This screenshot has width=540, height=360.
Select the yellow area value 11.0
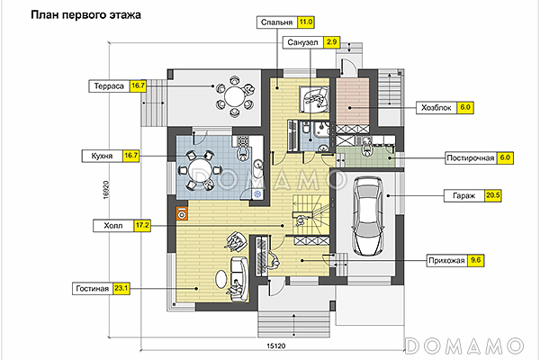[307, 22]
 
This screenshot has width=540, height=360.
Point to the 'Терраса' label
[108, 86]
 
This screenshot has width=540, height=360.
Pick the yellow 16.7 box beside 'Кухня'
[131, 156]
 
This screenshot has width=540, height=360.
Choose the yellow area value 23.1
[122, 288]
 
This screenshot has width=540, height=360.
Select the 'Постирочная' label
[472, 157]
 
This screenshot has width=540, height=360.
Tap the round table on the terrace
[233, 94]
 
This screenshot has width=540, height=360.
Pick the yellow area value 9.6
[478, 261]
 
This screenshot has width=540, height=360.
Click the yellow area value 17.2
[141, 225]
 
